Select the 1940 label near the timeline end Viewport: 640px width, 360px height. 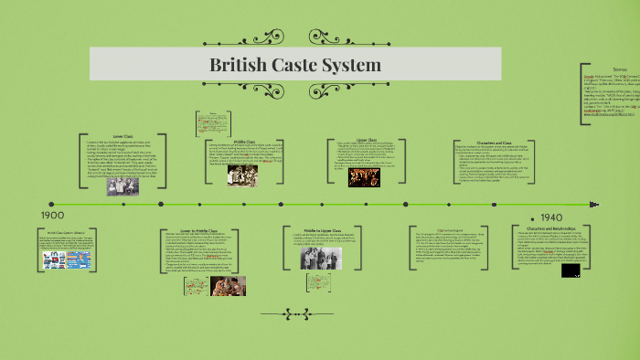click(551, 217)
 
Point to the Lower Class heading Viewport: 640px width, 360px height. click(124, 136)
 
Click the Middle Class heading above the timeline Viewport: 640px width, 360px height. click(244, 141)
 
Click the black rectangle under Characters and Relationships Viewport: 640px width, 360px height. click(571, 271)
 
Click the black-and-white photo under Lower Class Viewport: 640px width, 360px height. click(123, 185)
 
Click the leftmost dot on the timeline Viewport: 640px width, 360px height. click(51, 204)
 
